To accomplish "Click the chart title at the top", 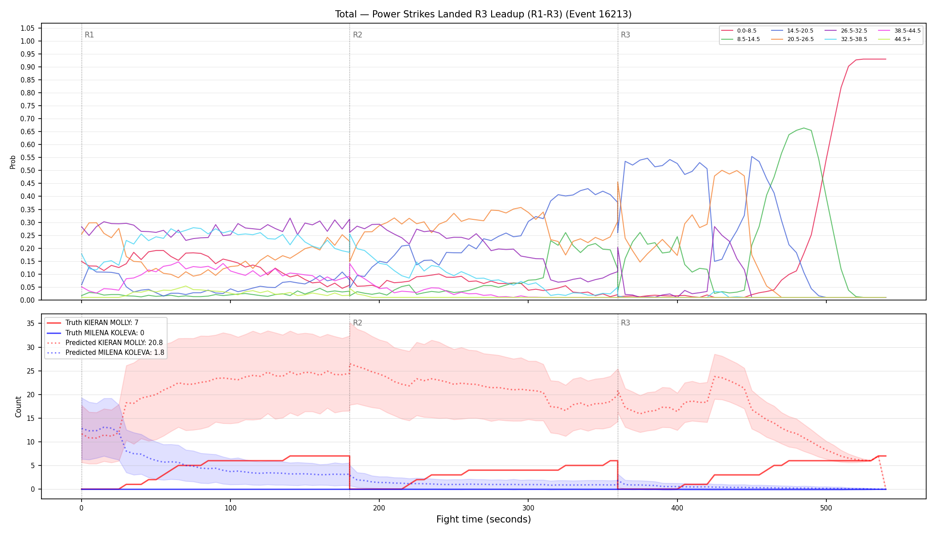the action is pos(483,14).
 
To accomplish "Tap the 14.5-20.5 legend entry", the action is pos(792,31).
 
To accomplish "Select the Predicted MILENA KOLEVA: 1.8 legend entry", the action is pos(105,353).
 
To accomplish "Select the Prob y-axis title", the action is pos(13,162).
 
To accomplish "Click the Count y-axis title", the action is pos(18,407).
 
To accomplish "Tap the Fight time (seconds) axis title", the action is pos(484,519).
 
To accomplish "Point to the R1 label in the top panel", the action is pos(89,35).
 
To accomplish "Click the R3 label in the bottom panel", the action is pos(625,323).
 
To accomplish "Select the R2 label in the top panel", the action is pos(357,35).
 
